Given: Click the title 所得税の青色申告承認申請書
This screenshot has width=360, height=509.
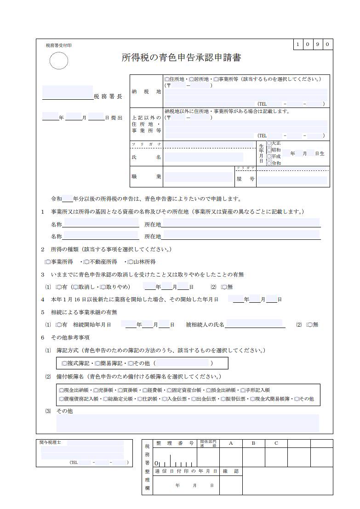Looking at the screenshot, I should [x=181, y=57].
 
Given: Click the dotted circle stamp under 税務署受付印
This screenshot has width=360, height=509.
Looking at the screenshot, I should [x=58, y=61].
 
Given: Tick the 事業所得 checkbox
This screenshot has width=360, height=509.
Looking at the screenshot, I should [x=48, y=262].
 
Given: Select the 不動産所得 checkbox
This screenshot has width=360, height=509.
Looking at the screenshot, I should [x=86, y=262].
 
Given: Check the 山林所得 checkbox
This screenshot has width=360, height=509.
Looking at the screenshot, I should [x=130, y=262].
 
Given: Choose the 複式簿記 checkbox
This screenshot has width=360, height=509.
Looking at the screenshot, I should [x=64, y=363].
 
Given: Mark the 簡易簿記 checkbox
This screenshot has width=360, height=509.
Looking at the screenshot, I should [x=97, y=363].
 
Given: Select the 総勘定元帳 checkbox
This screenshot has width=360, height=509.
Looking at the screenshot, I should [x=105, y=399].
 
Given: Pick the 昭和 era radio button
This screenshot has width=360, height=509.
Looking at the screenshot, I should [x=269, y=150].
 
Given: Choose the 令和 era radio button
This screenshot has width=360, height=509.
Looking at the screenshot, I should [x=269, y=163].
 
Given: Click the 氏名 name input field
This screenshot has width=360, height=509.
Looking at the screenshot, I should [x=210, y=158].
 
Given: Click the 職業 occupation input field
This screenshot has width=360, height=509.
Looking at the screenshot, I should [x=199, y=177].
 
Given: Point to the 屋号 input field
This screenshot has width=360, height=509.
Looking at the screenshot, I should [x=292, y=180].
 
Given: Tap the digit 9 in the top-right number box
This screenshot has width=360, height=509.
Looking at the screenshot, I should [x=317, y=45].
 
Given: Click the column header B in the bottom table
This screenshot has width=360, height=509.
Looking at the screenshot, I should [x=254, y=443].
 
